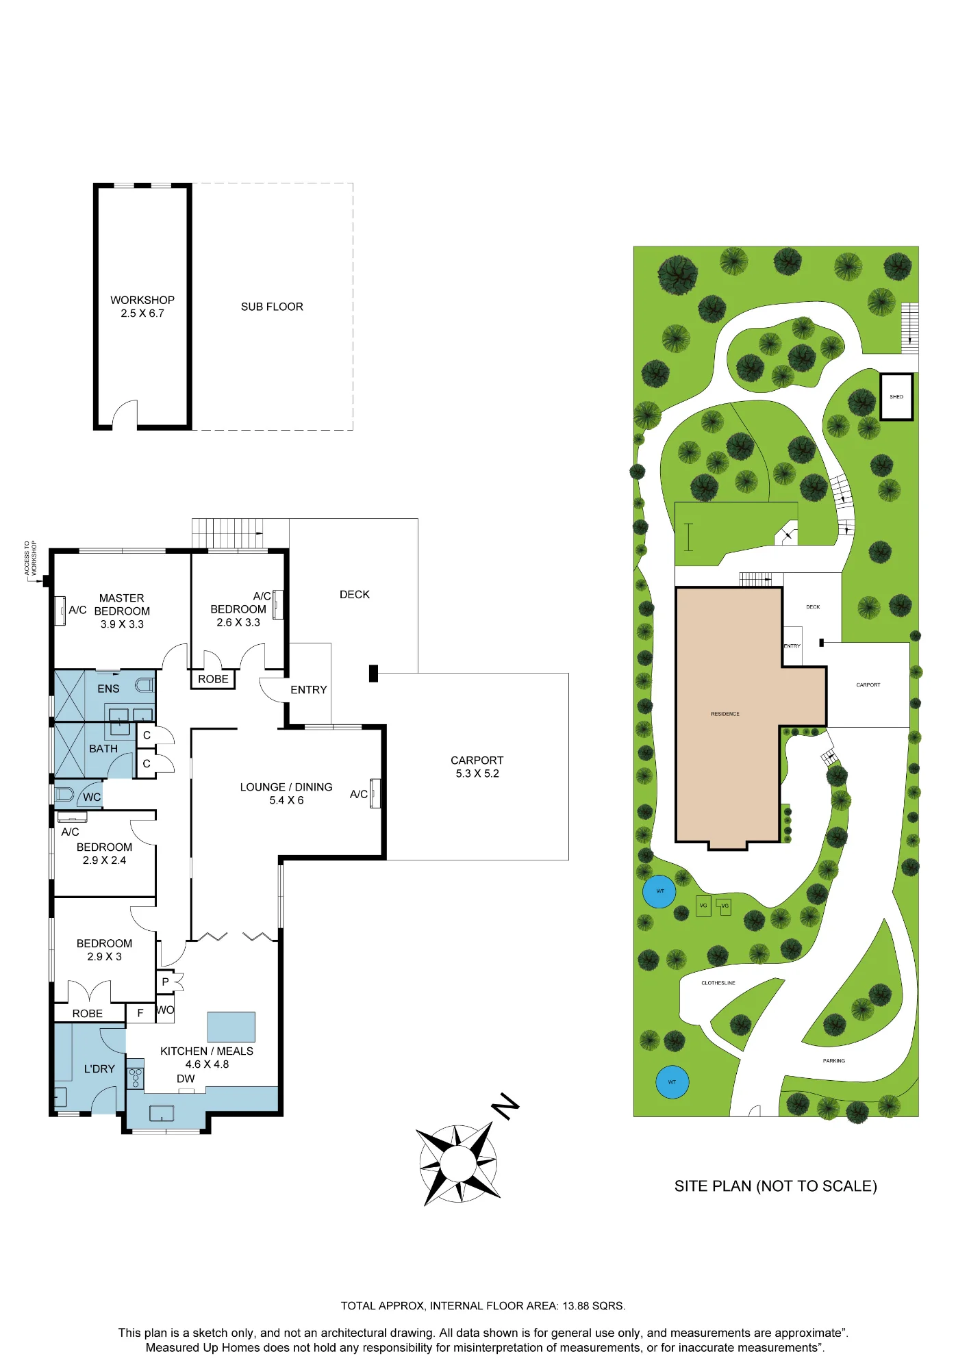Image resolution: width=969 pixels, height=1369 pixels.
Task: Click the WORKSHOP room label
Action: (x=142, y=300)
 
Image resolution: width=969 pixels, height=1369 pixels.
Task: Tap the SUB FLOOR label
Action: (x=272, y=307)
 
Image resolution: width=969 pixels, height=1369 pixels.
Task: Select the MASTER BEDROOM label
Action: (x=122, y=604)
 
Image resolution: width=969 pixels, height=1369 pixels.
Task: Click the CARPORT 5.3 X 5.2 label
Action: (x=477, y=767)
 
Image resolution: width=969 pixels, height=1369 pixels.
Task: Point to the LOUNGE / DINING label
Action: (x=286, y=787)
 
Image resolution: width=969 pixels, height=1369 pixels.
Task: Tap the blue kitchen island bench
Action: (x=231, y=1027)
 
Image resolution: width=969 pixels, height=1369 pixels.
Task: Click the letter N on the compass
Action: (x=506, y=1106)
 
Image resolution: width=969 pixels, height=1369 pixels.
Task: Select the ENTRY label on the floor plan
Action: (x=309, y=690)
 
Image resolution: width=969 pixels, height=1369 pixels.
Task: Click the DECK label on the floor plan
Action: (x=355, y=595)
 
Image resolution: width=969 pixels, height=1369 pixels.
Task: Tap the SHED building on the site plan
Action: (x=896, y=397)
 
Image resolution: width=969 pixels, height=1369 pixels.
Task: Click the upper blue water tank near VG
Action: (x=659, y=891)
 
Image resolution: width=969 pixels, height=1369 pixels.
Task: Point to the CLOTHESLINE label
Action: (x=718, y=983)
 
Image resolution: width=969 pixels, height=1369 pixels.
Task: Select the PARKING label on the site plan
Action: (x=834, y=1061)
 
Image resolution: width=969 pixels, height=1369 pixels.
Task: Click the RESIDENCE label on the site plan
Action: (x=725, y=714)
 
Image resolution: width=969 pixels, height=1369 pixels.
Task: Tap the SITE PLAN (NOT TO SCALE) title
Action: (x=776, y=1186)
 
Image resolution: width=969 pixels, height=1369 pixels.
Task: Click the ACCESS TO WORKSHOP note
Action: (x=31, y=558)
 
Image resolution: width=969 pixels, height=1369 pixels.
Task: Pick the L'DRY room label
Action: (x=99, y=1069)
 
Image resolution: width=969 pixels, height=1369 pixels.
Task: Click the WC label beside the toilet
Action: (x=92, y=797)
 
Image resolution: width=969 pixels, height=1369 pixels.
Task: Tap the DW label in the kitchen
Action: (x=186, y=1079)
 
